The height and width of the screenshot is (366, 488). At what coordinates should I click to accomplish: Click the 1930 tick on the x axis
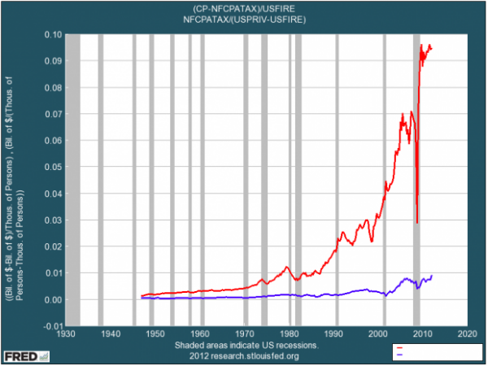point(66,334)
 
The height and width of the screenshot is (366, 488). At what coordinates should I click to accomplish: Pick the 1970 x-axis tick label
point(246,334)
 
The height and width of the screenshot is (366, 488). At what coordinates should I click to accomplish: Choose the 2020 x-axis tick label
point(468,334)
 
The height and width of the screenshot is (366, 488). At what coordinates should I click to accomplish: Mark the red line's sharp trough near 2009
point(417,223)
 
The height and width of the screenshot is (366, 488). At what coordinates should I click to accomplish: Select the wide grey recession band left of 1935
point(72,179)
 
